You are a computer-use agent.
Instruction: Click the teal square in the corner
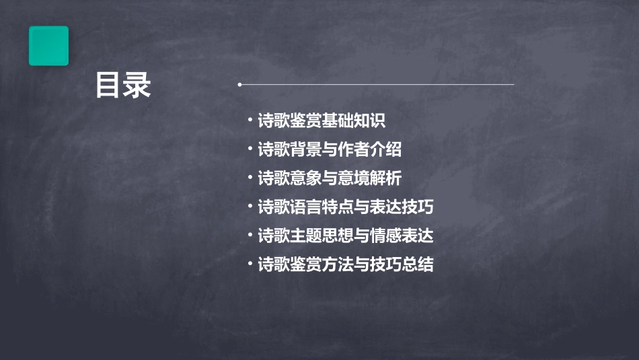click(48, 46)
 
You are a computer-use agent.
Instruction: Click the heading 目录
click(123, 85)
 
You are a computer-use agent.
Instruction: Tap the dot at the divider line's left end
click(239, 85)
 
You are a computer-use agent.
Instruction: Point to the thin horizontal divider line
click(377, 85)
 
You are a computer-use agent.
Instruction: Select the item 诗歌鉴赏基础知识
click(321, 122)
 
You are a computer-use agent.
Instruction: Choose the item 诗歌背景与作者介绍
click(329, 150)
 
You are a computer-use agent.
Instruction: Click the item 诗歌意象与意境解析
click(329, 178)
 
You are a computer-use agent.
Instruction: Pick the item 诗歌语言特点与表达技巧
click(345, 207)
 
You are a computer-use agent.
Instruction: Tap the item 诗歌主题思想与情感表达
click(345, 236)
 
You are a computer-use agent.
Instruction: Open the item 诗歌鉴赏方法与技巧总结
click(345, 264)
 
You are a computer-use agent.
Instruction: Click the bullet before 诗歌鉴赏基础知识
click(250, 121)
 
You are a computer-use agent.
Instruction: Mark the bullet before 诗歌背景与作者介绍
click(250, 149)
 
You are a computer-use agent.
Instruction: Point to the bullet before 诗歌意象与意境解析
click(250, 178)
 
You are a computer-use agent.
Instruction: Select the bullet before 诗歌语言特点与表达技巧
click(250, 207)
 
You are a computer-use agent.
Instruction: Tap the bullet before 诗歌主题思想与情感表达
click(250, 236)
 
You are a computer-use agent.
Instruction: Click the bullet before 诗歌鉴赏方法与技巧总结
click(250, 264)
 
